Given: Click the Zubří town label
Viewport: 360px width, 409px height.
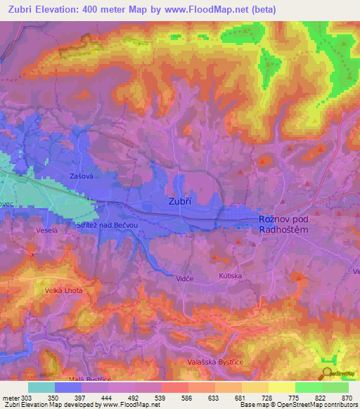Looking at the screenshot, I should pos(181,200).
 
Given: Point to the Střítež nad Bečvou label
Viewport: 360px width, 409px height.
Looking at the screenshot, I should pos(105,225).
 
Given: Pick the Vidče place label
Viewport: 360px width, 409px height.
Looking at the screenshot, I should pos(185,279).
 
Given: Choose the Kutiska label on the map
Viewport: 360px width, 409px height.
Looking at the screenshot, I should pos(230,276).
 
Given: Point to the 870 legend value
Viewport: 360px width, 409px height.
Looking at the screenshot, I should pos(347,398).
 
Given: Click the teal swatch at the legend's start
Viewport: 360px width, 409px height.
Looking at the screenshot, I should pos(41,387).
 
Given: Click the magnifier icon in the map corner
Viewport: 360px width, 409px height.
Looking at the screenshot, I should pos(326,373).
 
